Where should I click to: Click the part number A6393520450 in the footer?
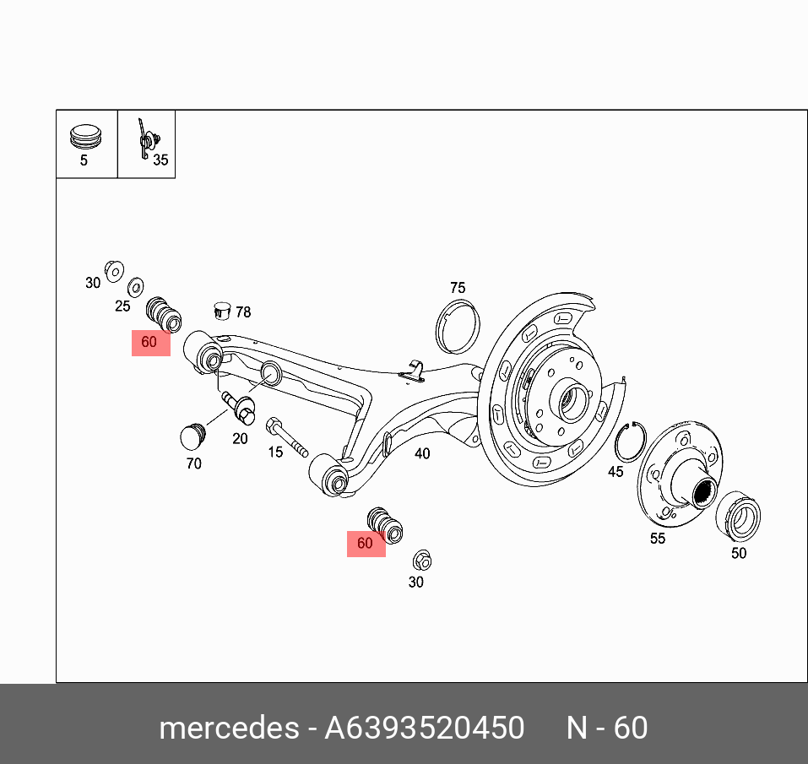[425, 728]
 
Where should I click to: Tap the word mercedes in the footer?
[227, 728]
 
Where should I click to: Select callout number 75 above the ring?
[457, 288]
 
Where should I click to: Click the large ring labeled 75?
[457, 326]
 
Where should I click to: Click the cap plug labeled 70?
[194, 435]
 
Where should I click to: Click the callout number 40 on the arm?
[422, 453]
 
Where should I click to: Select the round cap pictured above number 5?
[84, 135]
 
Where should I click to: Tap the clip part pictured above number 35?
[149, 139]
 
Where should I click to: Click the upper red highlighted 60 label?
[150, 343]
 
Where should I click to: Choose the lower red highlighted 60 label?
[366, 544]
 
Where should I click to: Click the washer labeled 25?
[135, 285]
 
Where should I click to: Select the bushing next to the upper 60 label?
[164, 314]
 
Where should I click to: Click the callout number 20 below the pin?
[240, 438]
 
